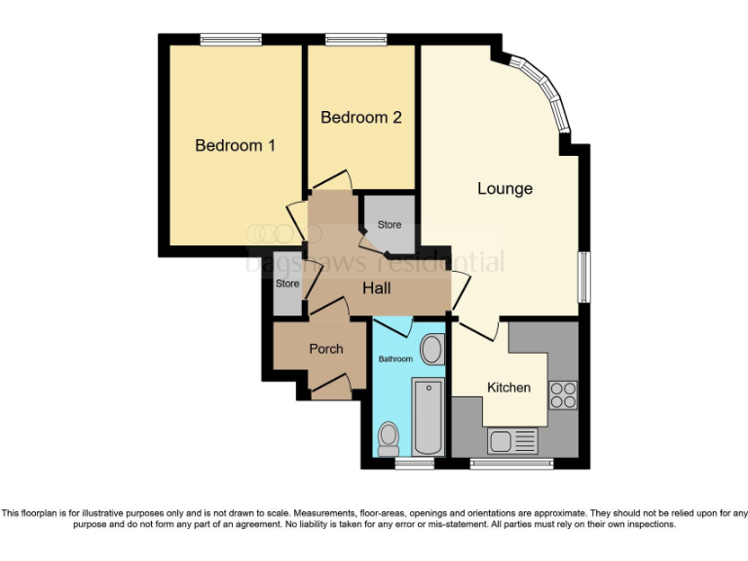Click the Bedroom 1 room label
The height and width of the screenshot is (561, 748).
(x=235, y=146)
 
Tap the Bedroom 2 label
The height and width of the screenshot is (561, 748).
(x=361, y=118)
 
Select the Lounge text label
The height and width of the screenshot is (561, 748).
(x=505, y=188)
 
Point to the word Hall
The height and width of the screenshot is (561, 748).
(x=377, y=289)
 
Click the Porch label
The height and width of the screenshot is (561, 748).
(x=325, y=349)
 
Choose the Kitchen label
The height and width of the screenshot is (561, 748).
(x=508, y=388)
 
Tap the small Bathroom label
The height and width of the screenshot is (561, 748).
(x=395, y=359)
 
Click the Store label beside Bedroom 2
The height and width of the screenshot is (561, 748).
(x=390, y=225)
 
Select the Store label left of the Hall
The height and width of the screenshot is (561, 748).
(x=287, y=284)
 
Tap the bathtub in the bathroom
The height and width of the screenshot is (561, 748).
(x=428, y=420)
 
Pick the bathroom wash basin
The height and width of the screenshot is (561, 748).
(x=431, y=351)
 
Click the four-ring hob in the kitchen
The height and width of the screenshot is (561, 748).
(x=563, y=393)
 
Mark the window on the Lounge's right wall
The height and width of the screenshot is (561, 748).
(x=583, y=277)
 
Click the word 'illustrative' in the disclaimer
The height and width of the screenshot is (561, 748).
(x=119, y=513)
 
